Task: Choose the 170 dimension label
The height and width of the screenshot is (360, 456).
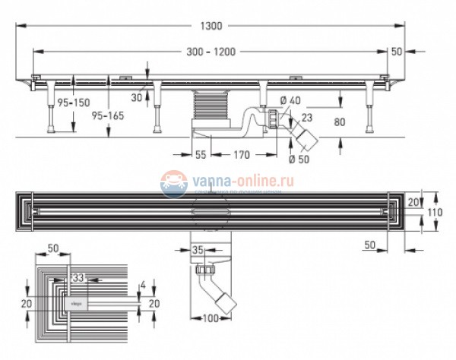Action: (x=241, y=156)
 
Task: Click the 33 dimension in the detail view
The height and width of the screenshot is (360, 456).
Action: (x=76, y=279)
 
